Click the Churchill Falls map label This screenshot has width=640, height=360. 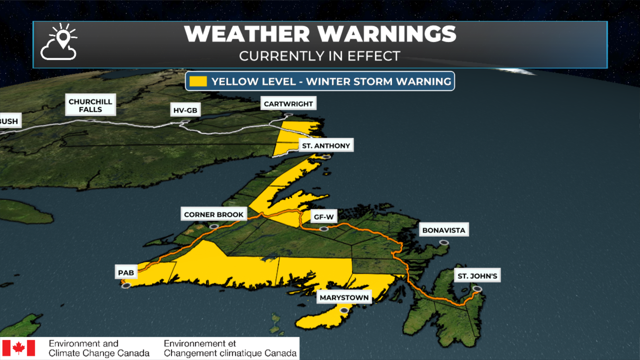pyautogui.click(x=90, y=105)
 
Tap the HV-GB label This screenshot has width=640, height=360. pyautogui.click(x=185, y=110)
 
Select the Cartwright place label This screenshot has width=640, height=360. pyautogui.click(x=288, y=104)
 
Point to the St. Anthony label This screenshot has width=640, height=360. pyautogui.click(x=326, y=145)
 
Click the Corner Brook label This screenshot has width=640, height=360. pyautogui.click(x=214, y=214)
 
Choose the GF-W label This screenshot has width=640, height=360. pyautogui.click(x=324, y=217)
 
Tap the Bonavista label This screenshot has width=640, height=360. pyautogui.click(x=444, y=230)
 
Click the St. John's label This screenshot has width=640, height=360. pyautogui.click(x=477, y=276)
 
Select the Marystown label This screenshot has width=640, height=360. pyautogui.click(x=344, y=297)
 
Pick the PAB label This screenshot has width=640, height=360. pyautogui.click(x=126, y=272)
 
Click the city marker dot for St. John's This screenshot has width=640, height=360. pyautogui.click(x=477, y=289)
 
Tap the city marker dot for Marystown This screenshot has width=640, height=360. pyautogui.click(x=344, y=310)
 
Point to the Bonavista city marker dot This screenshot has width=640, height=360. pyautogui.click(x=444, y=243)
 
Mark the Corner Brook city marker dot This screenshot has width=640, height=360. pyautogui.click(x=214, y=227)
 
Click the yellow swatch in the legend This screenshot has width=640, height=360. pyautogui.click(x=198, y=81)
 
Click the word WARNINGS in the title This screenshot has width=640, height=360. pyautogui.click(x=387, y=34)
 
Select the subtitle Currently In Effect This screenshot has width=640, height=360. pyautogui.click(x=320, y=56)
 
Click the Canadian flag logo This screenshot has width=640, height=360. pyautogui.click(x=19, y=348)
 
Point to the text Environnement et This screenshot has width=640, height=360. pyautogui.click(x=200, y=343)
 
